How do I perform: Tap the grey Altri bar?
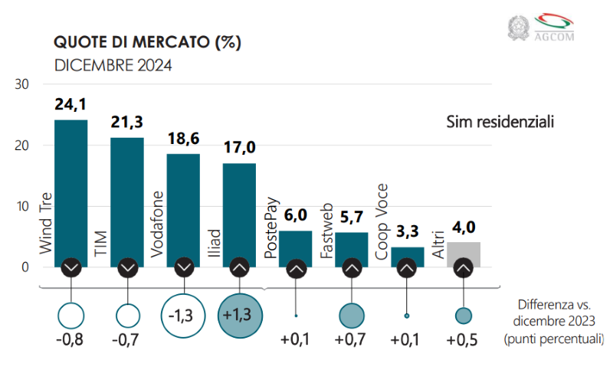[x=464, y=252]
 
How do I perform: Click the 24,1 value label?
[x=70, y=105]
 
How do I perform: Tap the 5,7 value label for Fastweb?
[x=351, y=217]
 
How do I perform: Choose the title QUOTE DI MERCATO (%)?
[x=146, y=42]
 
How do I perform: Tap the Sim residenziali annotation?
[x=500, y=122]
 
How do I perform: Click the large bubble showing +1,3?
[x=240, y=314]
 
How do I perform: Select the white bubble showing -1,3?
[x=184, y=314]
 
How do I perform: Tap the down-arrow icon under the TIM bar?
[x=127, y=268]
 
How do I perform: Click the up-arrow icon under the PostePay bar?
[x=296, y=268]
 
